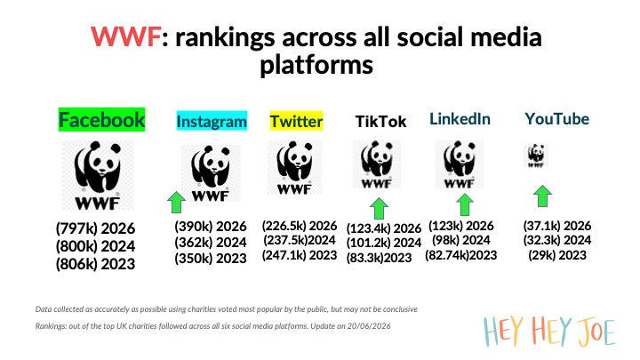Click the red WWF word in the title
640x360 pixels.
(125, 36)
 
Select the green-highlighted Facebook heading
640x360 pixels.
(101, 120)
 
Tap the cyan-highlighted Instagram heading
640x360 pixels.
(212, 121)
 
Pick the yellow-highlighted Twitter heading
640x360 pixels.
(296, 121)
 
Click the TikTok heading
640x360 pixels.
(380, 121)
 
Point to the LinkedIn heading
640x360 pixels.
(460, 119)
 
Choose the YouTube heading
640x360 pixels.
(556, 119)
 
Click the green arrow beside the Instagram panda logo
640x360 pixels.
(176, 202)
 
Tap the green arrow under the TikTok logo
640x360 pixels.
(380, 209)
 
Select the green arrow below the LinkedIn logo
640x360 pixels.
(465, 204)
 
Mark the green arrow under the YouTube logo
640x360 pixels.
(542, 196)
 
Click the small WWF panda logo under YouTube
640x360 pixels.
(536, 156)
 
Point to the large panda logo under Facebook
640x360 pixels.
(98, 175)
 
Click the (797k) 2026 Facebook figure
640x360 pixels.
(95, 228)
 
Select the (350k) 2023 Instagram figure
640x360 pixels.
(211, 258)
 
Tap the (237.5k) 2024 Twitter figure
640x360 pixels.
(300, 240)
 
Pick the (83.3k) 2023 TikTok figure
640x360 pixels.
(379, 258)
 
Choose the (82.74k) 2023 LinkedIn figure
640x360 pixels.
(460, 255)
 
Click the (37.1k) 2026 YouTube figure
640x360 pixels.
(557, 225)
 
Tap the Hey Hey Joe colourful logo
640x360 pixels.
(549, 331)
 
